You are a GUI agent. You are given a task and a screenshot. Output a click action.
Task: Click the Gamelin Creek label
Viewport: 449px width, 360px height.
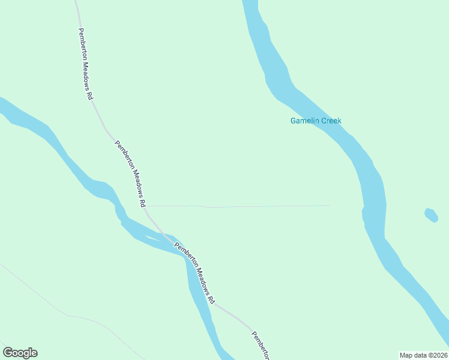(316, 121)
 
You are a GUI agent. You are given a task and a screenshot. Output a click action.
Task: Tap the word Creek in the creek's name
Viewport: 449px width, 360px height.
(331, 121)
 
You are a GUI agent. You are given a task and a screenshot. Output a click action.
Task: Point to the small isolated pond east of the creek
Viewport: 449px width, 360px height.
(431, 215)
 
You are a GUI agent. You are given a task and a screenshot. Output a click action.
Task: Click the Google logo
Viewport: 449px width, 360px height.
(20, 353)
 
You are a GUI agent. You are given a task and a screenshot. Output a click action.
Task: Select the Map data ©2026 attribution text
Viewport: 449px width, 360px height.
(423, 355)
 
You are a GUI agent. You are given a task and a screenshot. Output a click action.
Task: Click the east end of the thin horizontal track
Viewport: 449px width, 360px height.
(328, 206)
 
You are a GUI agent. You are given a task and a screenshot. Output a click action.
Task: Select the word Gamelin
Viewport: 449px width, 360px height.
(305, 121)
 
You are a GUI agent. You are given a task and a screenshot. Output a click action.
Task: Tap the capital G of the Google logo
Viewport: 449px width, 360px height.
(8, 352)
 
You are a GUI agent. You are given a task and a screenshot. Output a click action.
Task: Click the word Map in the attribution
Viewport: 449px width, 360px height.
(406, 355)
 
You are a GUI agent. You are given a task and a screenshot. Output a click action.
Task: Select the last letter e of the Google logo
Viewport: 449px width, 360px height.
(34, 353)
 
